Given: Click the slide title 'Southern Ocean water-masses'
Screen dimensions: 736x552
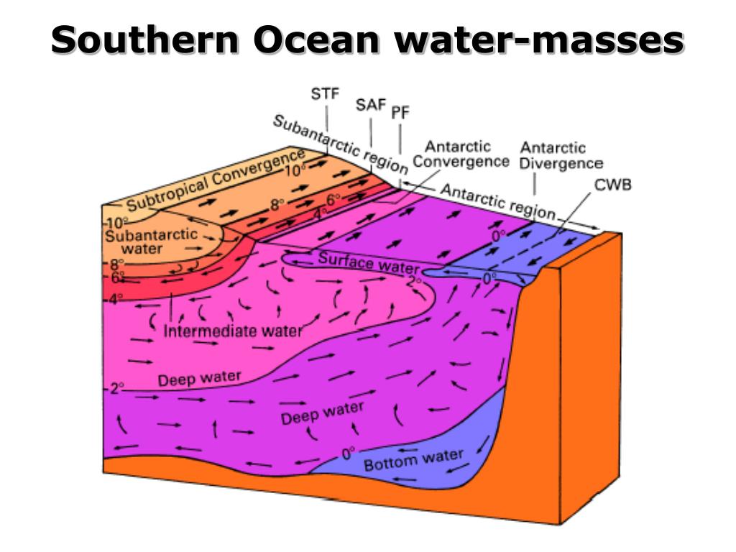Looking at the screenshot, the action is point(367,40).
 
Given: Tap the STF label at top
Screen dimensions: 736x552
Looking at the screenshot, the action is point(326,93).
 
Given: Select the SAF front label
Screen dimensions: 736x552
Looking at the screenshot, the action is point(371,105).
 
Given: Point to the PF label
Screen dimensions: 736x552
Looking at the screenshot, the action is point(400,114).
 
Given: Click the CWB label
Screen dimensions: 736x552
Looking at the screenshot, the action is point(613,185).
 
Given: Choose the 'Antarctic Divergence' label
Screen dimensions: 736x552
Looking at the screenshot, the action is point(561,155).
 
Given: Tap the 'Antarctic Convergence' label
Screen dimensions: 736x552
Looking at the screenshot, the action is point(460,154).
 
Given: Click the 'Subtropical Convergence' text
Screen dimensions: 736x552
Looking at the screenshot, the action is point(216,182).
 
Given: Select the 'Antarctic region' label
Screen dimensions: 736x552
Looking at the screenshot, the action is point(497,203).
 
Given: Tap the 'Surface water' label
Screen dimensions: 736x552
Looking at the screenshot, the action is point(358,262).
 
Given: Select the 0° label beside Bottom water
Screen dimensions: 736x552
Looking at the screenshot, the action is point(349,454).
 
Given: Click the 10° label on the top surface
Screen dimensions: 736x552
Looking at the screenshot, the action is point(292,171).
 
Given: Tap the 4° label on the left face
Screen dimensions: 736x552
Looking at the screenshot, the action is point(116,297).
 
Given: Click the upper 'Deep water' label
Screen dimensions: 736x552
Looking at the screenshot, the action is point(198,378).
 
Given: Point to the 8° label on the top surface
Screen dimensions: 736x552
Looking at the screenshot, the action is point(277,205).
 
